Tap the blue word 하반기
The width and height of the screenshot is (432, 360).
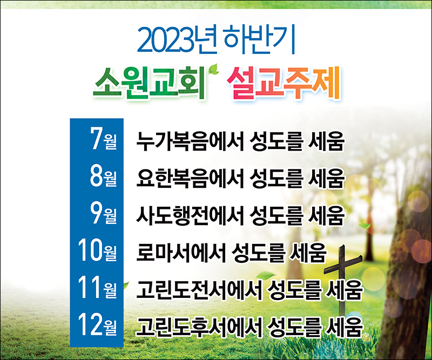coord(259,39)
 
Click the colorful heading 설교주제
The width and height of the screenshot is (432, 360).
coord(284,83)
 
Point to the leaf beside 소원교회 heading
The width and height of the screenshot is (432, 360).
coord(214,69)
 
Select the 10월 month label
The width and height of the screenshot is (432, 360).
coord(97,250)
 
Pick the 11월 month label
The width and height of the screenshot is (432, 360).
coord(97,288)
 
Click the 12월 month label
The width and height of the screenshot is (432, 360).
coord(97,325)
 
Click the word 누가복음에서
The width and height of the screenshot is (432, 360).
coord(191,141)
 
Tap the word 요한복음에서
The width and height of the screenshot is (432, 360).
coord(191,178)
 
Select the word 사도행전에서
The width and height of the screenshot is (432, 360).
coord(191,215)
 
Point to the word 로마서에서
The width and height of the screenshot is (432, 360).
coord(181,253)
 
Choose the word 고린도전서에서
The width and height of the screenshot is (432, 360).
coord(199,290)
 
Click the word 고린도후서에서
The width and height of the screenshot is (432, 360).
coord(199,327)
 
